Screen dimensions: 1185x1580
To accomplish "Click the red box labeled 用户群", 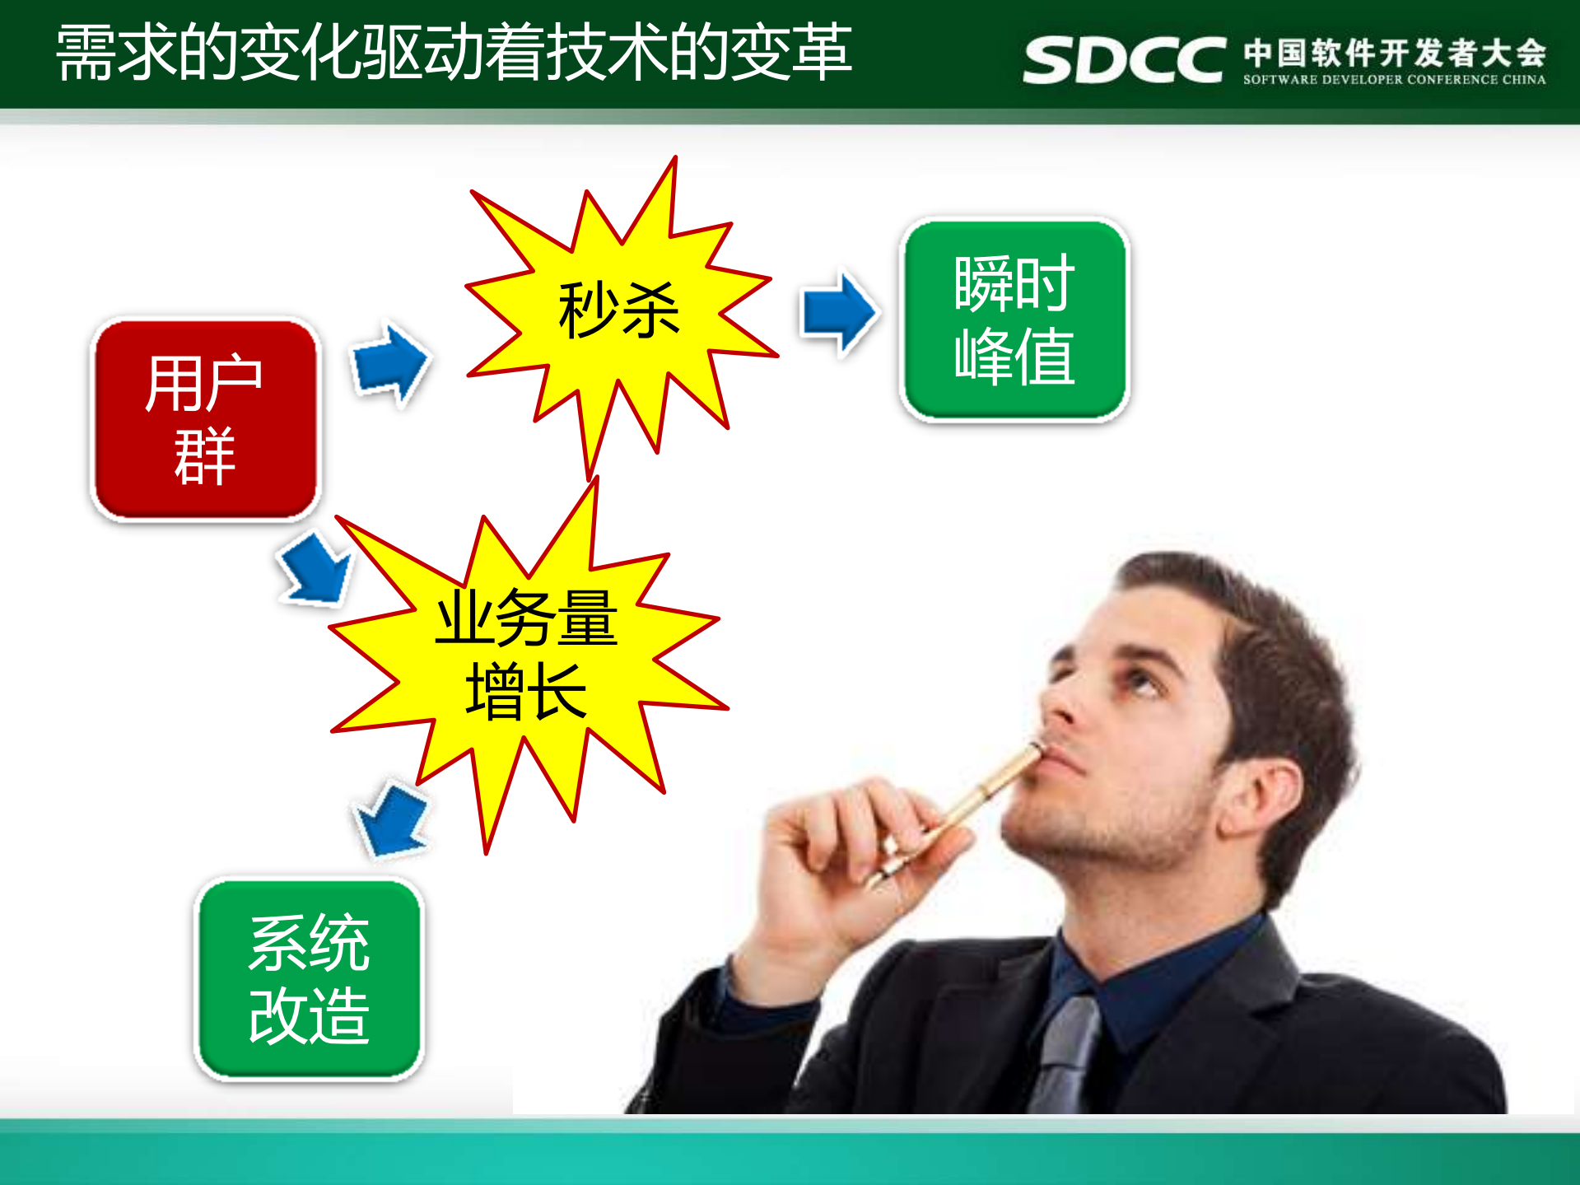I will pyautogui.click(x=205, y=419).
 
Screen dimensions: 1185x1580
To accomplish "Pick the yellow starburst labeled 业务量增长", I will pyautogui.click(x=527, y=655).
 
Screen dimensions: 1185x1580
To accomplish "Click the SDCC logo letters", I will pyautogui.click(x=1124, y=59).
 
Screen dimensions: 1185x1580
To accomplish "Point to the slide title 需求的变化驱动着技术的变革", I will pyautogui.click(x=453, y=53).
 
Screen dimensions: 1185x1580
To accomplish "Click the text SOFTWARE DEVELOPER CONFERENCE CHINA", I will pyautogui.click(x=1394, y=80).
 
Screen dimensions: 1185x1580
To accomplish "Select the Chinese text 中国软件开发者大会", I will pyautogui.click(x=1394, y=52).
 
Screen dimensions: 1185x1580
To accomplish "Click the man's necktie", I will pyautogui.click(x=1066, y=1054).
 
